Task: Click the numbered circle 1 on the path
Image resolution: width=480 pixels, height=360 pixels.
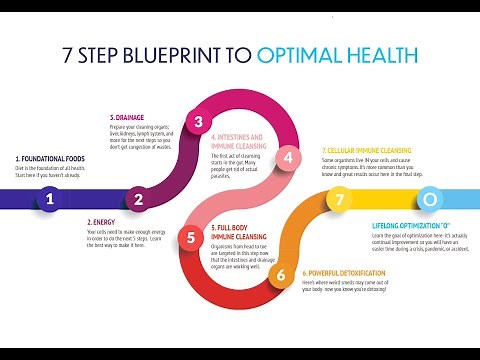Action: click(49, 199)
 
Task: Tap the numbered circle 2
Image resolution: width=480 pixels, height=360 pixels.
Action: click(139, 199)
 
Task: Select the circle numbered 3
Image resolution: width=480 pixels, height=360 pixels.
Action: click(199, 123)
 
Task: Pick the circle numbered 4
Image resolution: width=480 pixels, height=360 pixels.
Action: click(289, 157)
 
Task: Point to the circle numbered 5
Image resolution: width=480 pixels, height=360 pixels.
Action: click(191, 237)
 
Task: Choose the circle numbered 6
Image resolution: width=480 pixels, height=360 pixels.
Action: click(281, 273)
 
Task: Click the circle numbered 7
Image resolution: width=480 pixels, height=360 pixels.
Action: click(340, 200)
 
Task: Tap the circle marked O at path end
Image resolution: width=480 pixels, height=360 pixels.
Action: click(428, 199)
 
